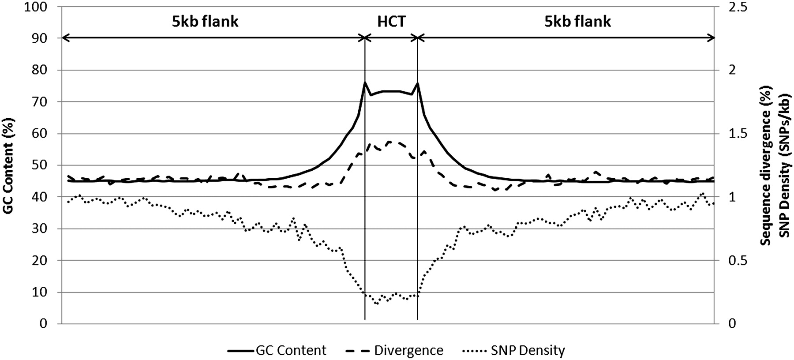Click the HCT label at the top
(391, 22)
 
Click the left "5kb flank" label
(205, 22)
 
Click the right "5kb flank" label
(577, 22)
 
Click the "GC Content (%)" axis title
(8, 165)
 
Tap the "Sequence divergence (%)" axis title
(767, 165)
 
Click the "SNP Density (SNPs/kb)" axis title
(783, 165)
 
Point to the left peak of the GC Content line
(365, 82)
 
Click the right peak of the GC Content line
(417, 82)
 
